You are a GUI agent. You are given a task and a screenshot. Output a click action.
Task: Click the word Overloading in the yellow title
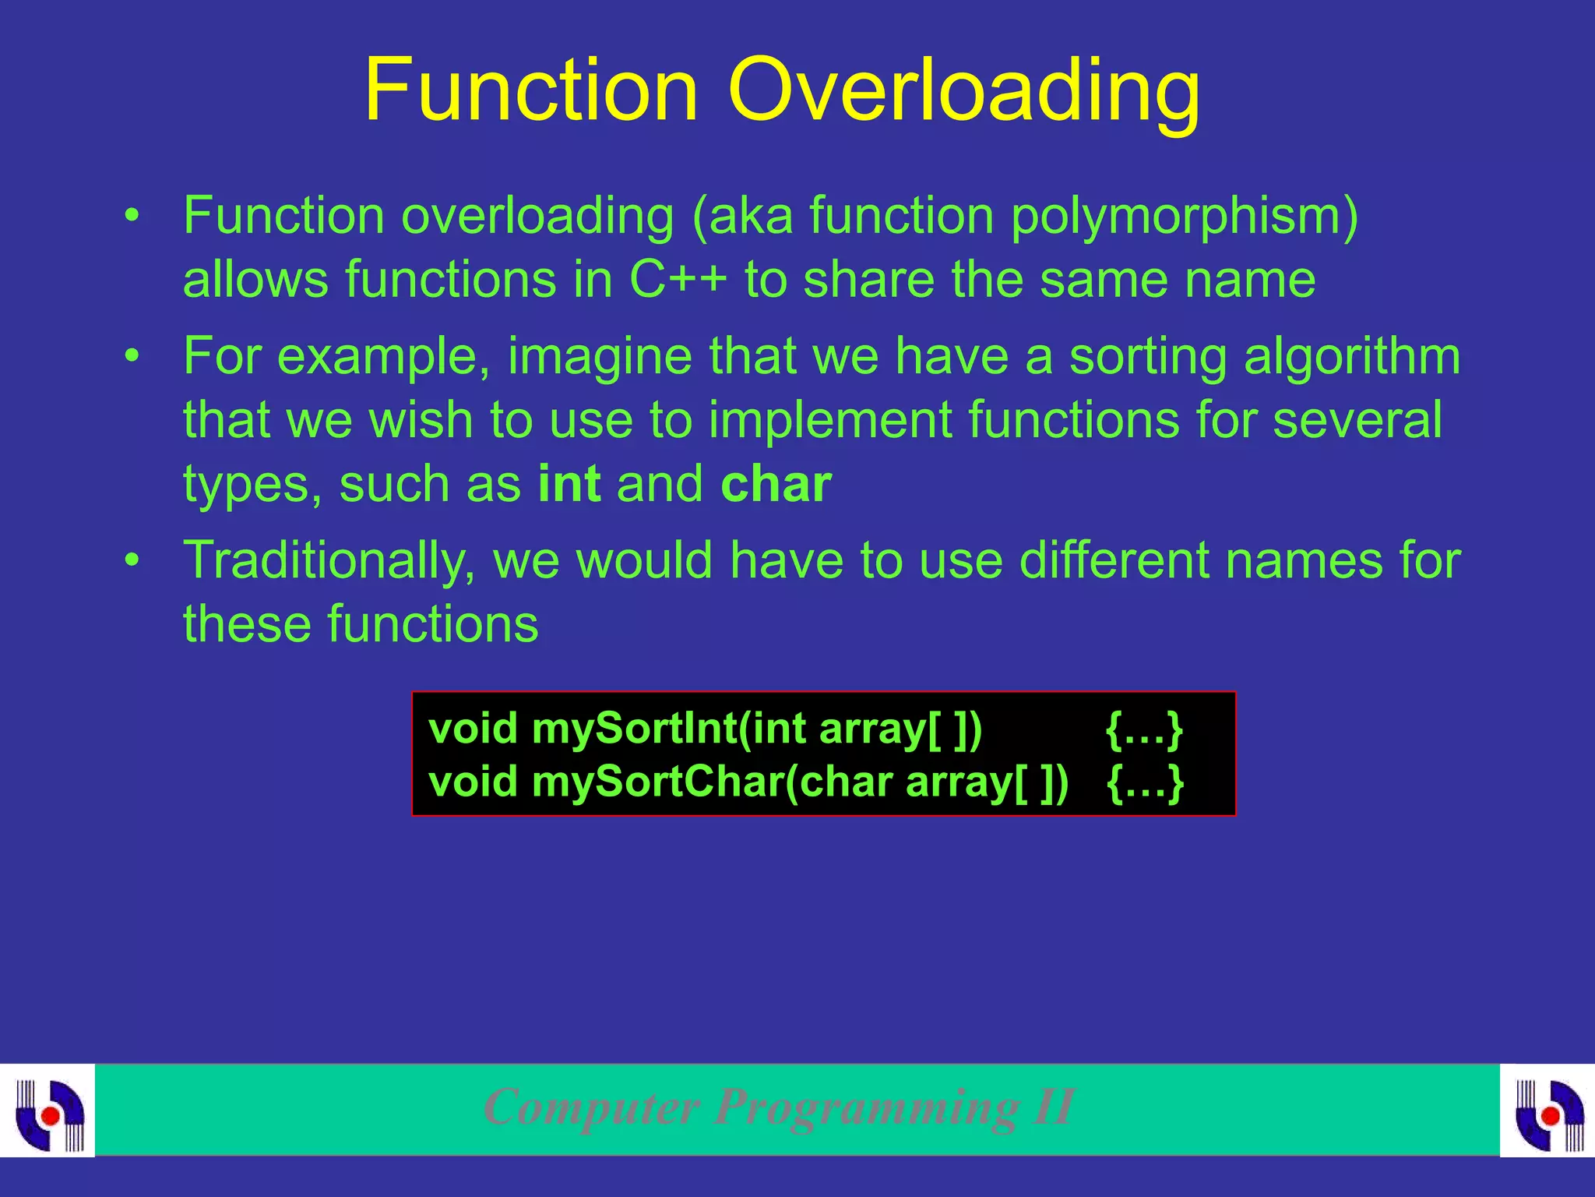pos(964,90)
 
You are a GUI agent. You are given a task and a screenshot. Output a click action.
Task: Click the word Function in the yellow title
pos(530,90)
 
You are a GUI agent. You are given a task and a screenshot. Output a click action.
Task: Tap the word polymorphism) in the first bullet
pos(1184,217)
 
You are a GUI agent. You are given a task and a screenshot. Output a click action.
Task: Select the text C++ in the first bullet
pos(678,280)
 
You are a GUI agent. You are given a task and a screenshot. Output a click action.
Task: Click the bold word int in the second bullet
pos(569,484)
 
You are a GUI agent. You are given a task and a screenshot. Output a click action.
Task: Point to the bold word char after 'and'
pos(776,484)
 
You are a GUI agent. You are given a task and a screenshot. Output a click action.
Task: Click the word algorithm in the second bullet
pos(1351,357)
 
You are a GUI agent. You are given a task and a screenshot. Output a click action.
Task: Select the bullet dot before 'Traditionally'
pos(133,561)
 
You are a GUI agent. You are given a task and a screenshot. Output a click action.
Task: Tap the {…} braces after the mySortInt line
pos(1144,729)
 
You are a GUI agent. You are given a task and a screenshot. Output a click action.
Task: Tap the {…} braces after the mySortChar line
pos(1144,782)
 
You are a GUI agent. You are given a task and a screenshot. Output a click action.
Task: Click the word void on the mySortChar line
pos(473,782)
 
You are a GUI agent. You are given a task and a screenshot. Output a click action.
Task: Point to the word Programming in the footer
pos(865,1107)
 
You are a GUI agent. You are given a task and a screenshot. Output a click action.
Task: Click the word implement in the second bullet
pos(830,421)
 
